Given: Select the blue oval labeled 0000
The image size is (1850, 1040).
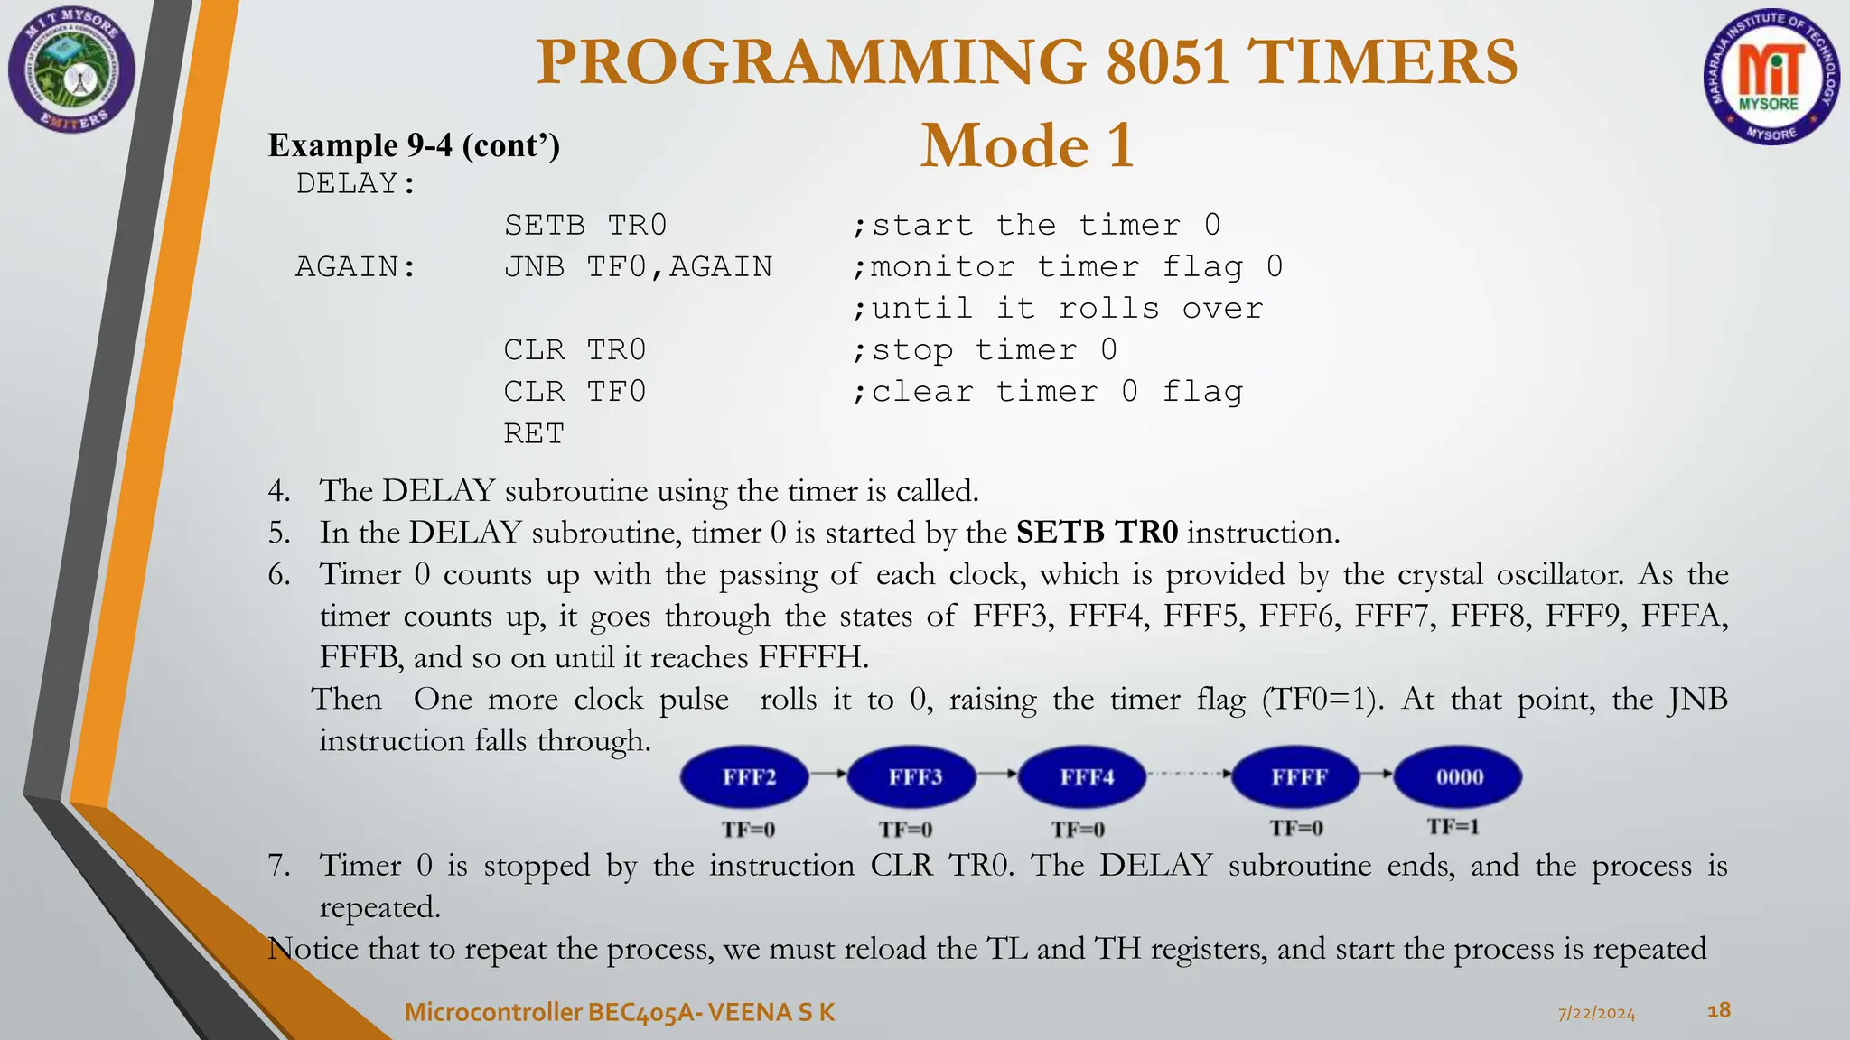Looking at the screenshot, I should click(x=1458, y=777).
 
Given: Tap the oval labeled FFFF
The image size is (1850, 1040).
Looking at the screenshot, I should click(x=1297, y=777).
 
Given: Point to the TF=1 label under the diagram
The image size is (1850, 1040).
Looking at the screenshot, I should click(x=1453, y=827).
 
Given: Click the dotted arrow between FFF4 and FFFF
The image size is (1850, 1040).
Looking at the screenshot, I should click(x=1189, y=774).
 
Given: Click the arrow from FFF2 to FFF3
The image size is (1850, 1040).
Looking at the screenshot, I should click(x=827, y=774).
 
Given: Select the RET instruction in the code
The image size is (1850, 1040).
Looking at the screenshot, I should click(x=533, y=434).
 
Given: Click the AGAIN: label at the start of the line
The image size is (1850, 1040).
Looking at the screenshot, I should click(x=356, y=267).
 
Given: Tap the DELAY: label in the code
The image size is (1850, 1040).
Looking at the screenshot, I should click(x=356, y=184).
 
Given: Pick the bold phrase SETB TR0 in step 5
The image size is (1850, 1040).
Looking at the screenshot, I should click(x=1097, y=533).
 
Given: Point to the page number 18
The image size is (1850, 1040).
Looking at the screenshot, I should click(x=1718, y=1010).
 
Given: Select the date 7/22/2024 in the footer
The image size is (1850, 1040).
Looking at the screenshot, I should click(x=1596, y=1014).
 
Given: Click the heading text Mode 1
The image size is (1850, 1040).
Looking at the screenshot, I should click(x=1027, y=146).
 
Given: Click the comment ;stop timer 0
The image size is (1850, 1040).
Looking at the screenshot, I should click(x=985, y=350).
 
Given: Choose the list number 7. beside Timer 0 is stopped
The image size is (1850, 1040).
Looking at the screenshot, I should click(x=279, y=866).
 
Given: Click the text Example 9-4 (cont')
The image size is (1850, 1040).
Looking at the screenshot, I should click(x=414, y=145).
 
